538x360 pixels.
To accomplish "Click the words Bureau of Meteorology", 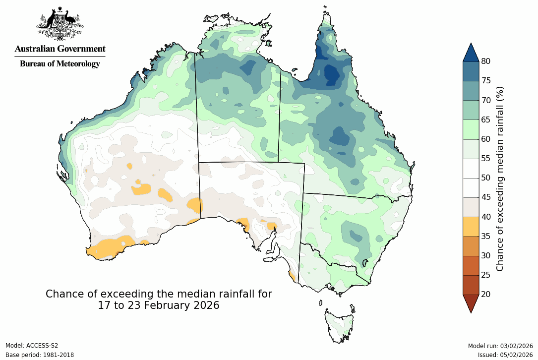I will (60, 63).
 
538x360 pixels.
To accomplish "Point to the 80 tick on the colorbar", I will (485, 61).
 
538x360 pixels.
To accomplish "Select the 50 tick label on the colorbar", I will (485, 178).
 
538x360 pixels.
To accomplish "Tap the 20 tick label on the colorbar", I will (485, 295).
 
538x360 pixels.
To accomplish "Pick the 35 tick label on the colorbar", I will (485, 237).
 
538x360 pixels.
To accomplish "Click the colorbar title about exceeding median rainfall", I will (500, 178).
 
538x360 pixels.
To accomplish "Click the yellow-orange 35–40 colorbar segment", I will (471, 227).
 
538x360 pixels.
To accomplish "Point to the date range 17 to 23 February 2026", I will (159, 305).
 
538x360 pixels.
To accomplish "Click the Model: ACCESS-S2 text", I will (32, 346).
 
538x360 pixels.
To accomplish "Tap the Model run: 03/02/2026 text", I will (500, 346).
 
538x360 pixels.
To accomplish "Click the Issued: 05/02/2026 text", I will (505, 355).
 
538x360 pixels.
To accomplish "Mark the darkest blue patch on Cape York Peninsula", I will (331, 74).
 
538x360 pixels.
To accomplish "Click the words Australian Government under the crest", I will (60, 49).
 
